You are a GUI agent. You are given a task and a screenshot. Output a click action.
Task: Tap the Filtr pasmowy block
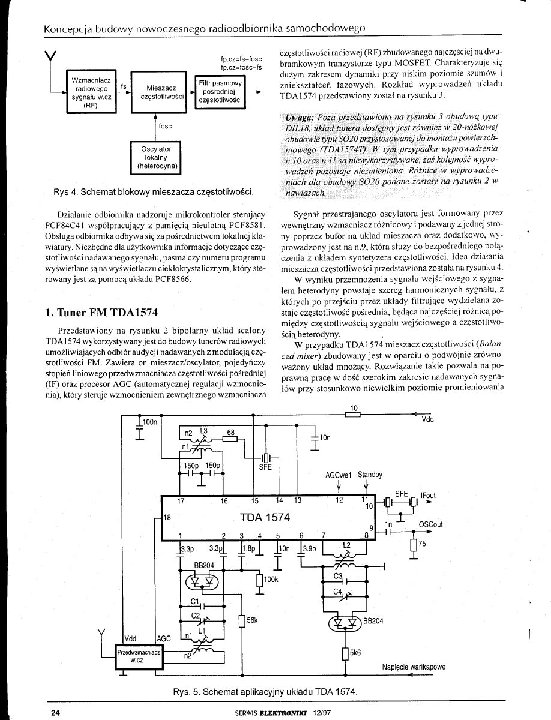coord(221,92)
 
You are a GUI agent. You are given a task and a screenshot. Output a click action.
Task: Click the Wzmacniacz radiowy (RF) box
coord(90,91)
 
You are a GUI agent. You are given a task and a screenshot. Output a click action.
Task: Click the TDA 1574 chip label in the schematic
coord(265,517)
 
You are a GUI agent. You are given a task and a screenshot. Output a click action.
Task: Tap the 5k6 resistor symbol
coord(345,653)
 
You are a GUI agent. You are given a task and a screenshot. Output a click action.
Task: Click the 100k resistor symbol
coord(260,580)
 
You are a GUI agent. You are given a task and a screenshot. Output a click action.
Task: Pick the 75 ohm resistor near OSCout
coord(412,545)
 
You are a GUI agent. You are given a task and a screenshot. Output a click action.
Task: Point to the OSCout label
coord(430,524)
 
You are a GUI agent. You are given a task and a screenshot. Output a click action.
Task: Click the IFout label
coord(428,495)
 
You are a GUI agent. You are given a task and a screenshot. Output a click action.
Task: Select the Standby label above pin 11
coord(370,475)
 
